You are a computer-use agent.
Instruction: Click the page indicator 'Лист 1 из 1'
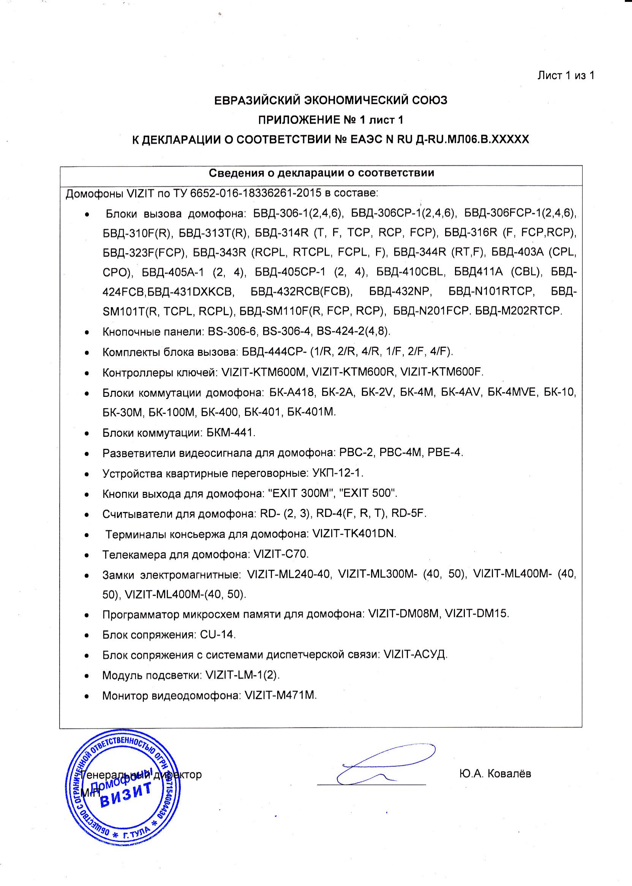(x=566, y=76)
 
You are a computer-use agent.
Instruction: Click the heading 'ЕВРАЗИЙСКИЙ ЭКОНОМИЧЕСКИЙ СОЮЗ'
(x=330, y=100)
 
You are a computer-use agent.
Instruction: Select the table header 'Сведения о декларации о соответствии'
(x=321, y=173)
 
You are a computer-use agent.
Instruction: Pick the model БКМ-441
(x=231, y=433)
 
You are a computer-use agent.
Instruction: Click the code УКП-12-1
(x=337, y=473)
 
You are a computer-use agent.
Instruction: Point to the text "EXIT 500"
(x=368, y=493)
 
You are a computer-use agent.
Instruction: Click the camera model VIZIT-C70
(x=281, y=554)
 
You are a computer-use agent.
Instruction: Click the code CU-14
(x=218, y=634)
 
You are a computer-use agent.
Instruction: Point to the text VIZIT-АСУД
(x=415, y=654)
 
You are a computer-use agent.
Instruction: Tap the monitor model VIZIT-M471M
(x=280, y=695)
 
